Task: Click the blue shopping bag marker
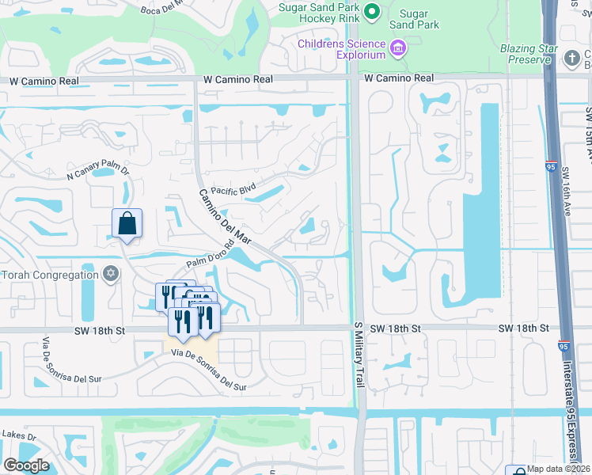click(127, 224)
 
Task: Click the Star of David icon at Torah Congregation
click(111, 274)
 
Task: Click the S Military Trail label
click(358, 355)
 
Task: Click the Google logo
click(26, 465)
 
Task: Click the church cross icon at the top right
click(572, 58)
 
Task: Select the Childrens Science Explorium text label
click(342, 49)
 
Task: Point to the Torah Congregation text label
click(49, 275)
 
